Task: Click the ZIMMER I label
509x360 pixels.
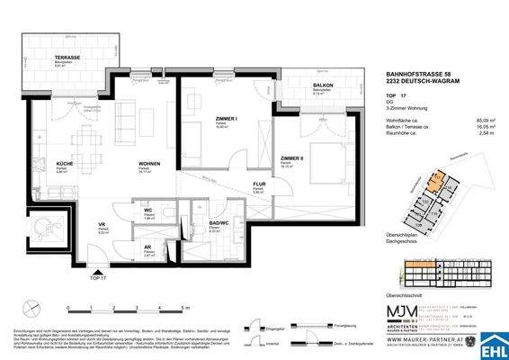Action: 200,118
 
